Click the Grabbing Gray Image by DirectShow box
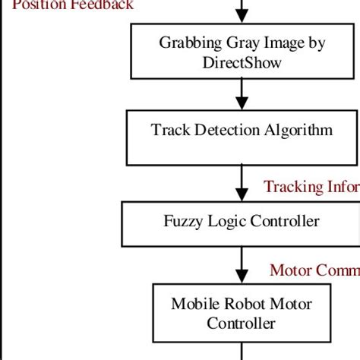[x=242, y=52]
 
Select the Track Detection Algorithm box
[x=242, y=137]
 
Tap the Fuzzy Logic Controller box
[x=242, y=222]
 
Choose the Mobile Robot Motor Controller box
[x=242, y=313]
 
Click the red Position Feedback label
[x=73, y=5]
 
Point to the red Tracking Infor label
[x=311, y=187]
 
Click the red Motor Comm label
[x=314, y=271]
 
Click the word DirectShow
[x=242, y=62]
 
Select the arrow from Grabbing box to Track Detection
[x=242, y=93]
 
